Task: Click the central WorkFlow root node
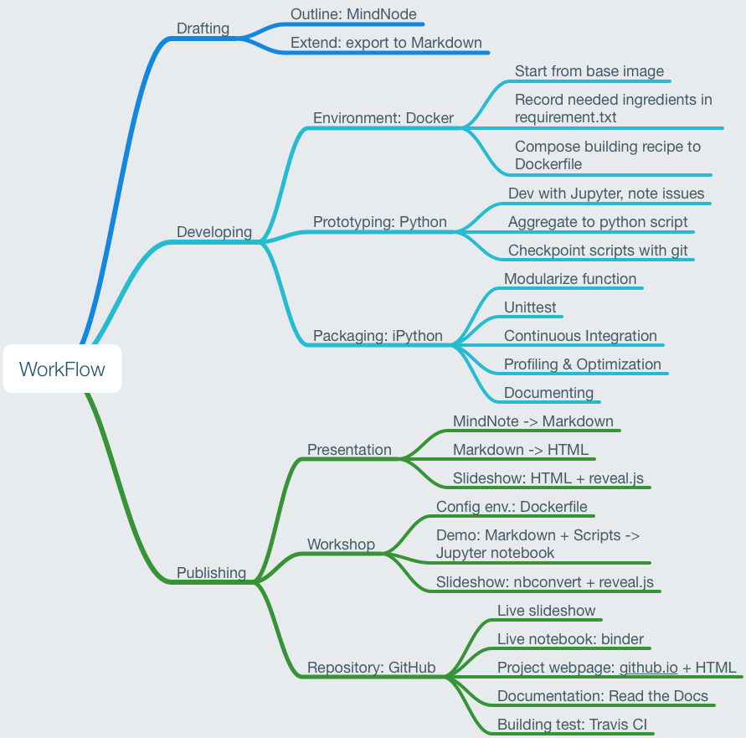(62, 369)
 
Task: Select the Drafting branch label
(203, 28)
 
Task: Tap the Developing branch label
(214, 232)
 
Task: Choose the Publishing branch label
(211, 573)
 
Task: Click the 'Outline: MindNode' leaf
(353, 14)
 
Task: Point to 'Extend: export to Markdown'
(385, 43)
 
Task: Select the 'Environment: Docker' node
(383, 118)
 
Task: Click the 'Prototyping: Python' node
(379, 222)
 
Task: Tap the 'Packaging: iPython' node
(378, 336)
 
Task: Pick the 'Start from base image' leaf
(589, 71)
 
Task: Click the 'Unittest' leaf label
(530, 307)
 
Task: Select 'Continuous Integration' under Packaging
(580, 336)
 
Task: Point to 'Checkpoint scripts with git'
(598, 250)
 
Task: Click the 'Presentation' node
(349, 450)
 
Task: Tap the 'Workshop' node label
(341, 544)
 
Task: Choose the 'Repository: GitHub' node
(371, 668)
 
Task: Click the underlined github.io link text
(648, 668)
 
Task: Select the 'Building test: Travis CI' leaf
(572, 725)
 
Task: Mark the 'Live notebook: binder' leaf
(570, 639)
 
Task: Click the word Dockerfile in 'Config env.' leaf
(553, 507)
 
